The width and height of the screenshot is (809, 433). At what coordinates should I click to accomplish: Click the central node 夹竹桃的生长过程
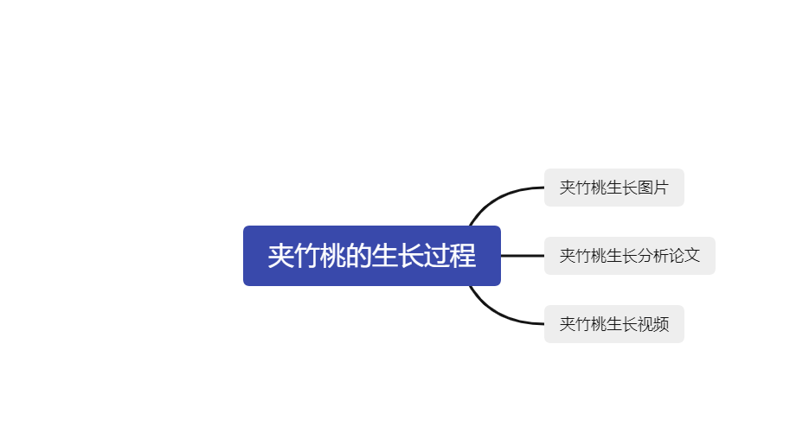(372, 256)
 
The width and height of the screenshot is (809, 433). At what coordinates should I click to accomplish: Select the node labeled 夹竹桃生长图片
(614, 188)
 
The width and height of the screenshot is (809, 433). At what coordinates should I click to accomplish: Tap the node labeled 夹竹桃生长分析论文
(629, 256)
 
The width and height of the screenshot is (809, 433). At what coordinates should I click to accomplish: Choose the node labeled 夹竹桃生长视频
(614, 324)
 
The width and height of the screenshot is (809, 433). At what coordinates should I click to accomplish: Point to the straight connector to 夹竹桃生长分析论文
(523, 256)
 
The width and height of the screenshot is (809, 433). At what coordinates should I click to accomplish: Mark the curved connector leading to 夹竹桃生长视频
(498, 314)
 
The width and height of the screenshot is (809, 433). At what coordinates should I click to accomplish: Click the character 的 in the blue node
(358, 256)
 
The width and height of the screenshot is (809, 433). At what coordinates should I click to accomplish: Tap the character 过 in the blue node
(436, 256)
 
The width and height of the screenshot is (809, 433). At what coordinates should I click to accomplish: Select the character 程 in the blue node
(462, 256)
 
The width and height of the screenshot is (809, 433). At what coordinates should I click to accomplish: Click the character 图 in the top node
(645, 188)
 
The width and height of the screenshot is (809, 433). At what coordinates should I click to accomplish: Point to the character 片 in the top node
(661, 188)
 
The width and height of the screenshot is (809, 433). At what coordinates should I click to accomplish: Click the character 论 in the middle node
(677, 256)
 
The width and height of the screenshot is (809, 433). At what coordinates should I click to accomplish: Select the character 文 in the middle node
(692, 256)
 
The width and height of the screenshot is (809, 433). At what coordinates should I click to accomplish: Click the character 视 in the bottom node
(645, 324)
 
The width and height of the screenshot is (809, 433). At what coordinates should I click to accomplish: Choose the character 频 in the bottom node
(661, 324)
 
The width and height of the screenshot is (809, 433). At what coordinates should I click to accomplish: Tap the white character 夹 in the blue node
(280, 256)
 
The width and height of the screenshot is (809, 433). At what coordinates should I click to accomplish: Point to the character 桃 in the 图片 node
(599, 188)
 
